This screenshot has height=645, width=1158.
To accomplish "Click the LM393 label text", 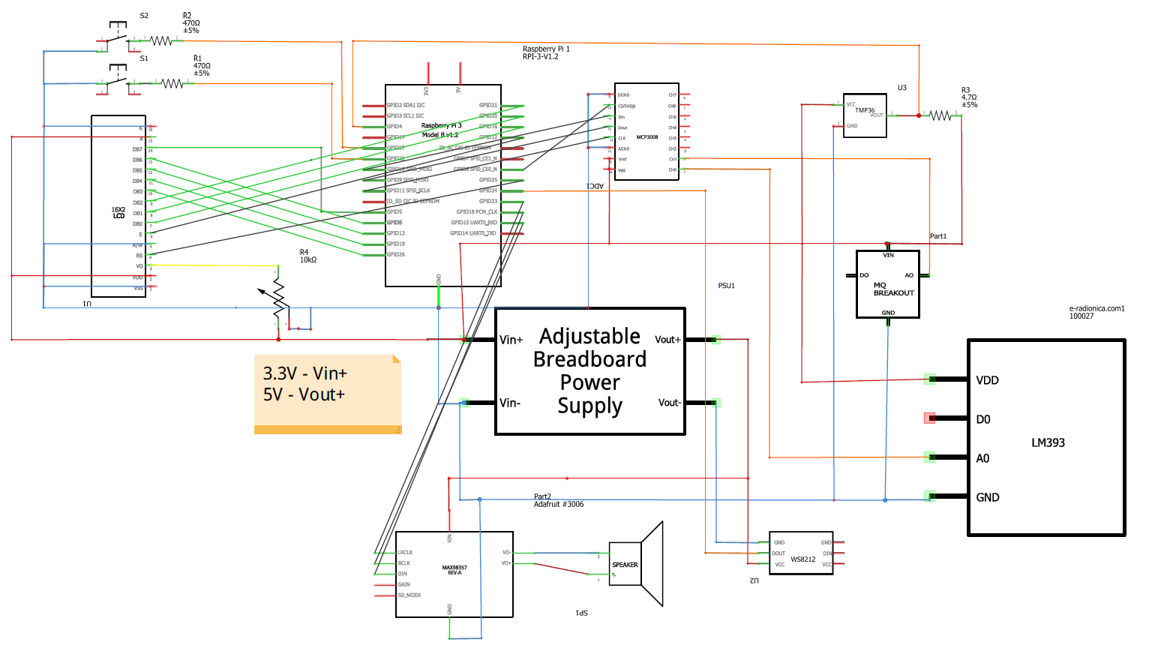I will [1048, 442].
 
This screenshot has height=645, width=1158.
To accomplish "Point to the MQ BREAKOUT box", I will [888, 284].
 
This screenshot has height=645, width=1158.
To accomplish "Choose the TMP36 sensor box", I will [865, 115].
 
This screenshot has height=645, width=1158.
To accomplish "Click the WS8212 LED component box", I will [801, 553].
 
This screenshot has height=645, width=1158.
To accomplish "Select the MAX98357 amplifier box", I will [454, 574].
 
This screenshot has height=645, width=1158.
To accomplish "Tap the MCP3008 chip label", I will [646, 137].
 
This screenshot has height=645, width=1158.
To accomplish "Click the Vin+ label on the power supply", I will [511, 340].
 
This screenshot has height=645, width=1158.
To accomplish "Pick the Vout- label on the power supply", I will [669, 403].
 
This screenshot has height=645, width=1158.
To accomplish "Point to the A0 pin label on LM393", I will [982, 458].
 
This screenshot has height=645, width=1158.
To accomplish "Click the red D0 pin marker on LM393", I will [929, 418].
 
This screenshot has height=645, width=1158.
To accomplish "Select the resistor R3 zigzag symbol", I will [940, 115].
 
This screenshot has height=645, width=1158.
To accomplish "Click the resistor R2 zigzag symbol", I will [161, 40].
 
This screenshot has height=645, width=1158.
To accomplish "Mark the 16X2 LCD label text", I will [118, 213].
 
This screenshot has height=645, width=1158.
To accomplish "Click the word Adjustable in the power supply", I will [589, 336].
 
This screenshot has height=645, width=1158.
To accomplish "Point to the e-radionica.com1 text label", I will [1096, 308].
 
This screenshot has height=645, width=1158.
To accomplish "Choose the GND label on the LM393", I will [987, 497].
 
